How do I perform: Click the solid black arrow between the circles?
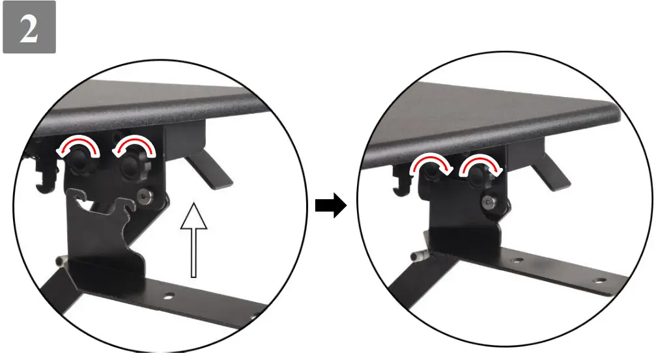tap(330, 207)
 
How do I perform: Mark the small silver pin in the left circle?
tap(62, 261)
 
